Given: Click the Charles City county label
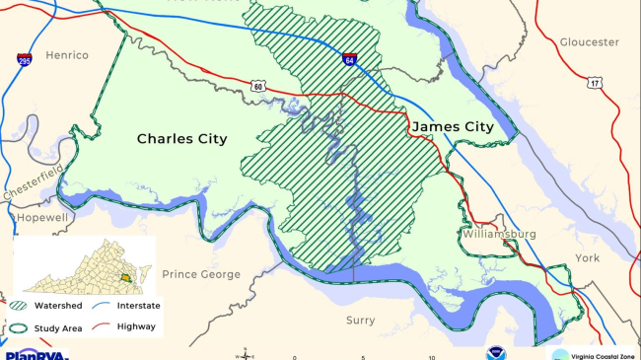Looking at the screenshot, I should pos(181,139).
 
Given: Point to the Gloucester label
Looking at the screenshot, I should pos(589,42).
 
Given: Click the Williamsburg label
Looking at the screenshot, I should pos(497,234).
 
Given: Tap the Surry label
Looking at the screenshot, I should pos(360,321).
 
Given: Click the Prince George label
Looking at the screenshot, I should pos(201,274).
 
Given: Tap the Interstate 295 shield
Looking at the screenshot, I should pos(24,60).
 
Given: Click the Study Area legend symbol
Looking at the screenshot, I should pos(21,325).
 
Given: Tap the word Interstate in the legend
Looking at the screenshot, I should pos(138,306).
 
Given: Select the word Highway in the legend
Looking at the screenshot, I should pos(135,325).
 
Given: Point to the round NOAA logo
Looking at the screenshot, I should pos(494,353).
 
